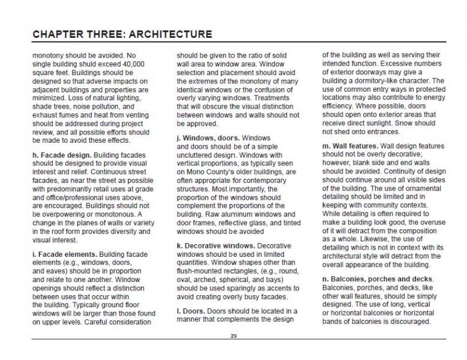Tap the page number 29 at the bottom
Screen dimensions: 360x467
[x=233, y=335]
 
